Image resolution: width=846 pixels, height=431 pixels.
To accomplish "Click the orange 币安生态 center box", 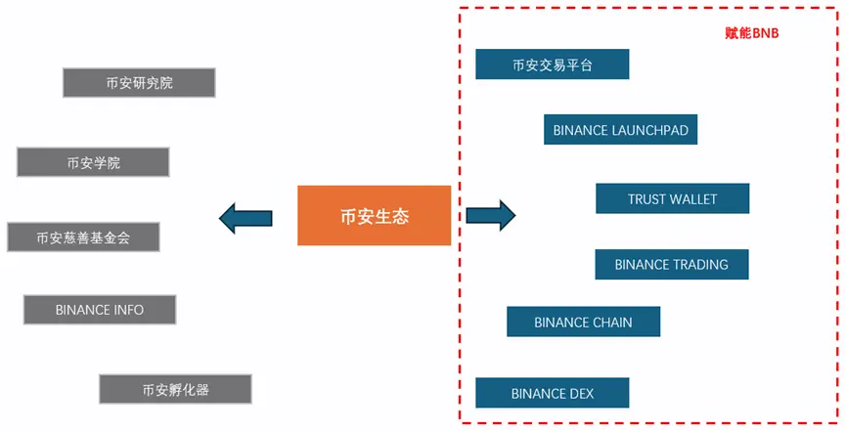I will coord(375,215).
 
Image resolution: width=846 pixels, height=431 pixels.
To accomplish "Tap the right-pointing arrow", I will coord(490,215).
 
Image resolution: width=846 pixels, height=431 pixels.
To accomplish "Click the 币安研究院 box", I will coord(138,83).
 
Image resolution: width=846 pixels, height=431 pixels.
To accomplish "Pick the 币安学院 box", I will coord(93,162).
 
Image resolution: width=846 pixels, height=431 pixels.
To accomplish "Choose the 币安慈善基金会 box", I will coord(82,237).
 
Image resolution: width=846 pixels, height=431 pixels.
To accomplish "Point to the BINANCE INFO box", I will coord(100,310).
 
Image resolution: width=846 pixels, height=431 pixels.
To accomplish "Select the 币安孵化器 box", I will coord(175,389).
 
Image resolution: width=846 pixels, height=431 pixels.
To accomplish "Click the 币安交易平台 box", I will coord(552,65).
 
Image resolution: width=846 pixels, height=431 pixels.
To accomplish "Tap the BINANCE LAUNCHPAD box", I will coord(620,130).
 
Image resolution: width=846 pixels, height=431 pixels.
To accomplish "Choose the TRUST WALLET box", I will coord(672,198).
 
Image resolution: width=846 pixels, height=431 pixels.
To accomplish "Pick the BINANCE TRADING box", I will coord(671,264).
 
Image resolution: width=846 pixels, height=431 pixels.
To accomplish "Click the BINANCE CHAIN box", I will coord(583,322).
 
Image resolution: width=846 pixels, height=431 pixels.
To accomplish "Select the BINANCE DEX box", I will coord(552,393).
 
